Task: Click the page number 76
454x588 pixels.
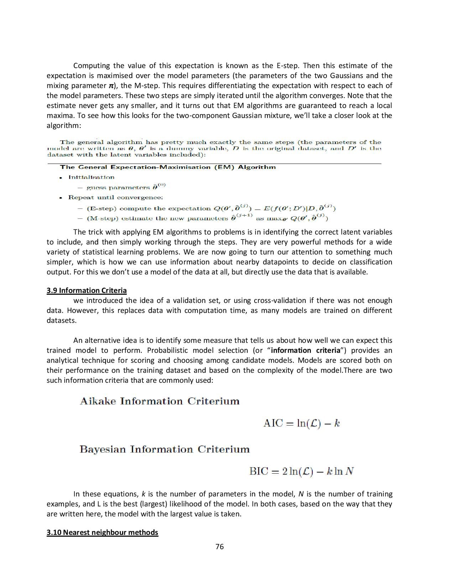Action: click(x=220, y=547)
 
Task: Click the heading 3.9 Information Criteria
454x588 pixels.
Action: click(x=87, y=290)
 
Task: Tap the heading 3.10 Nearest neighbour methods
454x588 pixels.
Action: click(x=102, y=532)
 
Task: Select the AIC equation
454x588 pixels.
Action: click(x=301, y=423)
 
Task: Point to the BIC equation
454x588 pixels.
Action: click(x=301, y=471)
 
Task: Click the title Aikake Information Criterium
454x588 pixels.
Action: click(x=160, y=401)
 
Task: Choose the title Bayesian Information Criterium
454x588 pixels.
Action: click(x=165, y=449)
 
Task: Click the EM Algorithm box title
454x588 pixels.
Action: click(x=168, y=167)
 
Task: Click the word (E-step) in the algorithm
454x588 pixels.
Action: click(x=101, y=208)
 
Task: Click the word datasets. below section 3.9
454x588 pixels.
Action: click(x=62, y=320)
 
